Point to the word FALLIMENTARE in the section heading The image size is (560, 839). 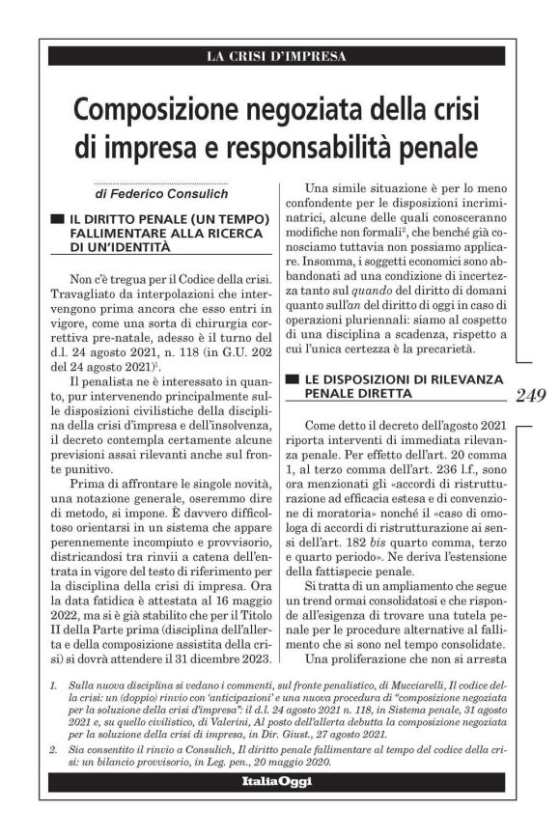[115, 234]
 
